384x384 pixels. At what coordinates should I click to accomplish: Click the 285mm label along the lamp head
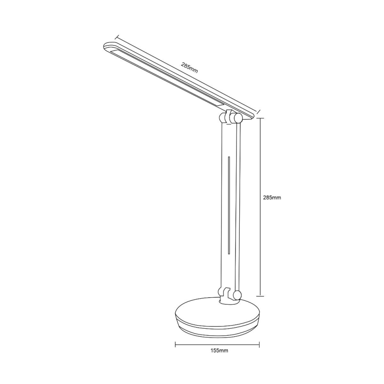189,68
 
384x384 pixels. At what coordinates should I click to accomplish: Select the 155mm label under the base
220,351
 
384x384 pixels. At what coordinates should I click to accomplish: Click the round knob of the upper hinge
238,118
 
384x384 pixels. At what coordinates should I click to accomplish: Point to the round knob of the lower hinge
238,295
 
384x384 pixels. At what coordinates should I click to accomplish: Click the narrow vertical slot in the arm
228,205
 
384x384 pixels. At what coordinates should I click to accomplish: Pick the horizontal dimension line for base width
217,343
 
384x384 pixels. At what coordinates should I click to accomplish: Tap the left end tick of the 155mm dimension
176,343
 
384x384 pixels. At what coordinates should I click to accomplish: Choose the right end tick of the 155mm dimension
259,343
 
